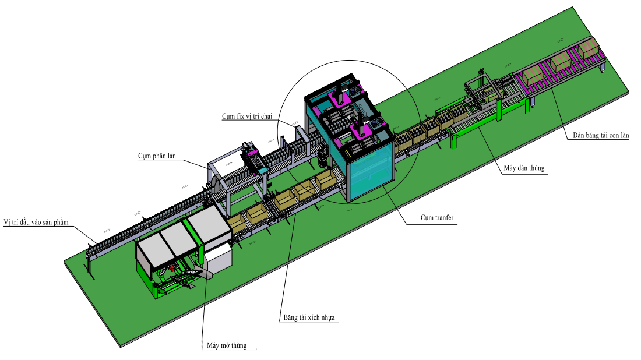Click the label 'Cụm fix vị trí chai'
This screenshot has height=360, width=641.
click(247, 116)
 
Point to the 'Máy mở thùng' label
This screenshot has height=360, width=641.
click(227, 345)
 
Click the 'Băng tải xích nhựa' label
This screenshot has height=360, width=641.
click(309, 318)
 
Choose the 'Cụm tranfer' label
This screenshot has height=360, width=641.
click(437, 218)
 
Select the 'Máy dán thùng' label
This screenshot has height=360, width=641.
click(523, 168)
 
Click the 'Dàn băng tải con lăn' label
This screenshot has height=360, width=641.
click(600, 136)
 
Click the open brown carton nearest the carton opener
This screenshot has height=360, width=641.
click(237, 222)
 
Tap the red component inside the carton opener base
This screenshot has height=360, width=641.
click(171, 269)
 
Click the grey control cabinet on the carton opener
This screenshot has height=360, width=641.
click(219, 260)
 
